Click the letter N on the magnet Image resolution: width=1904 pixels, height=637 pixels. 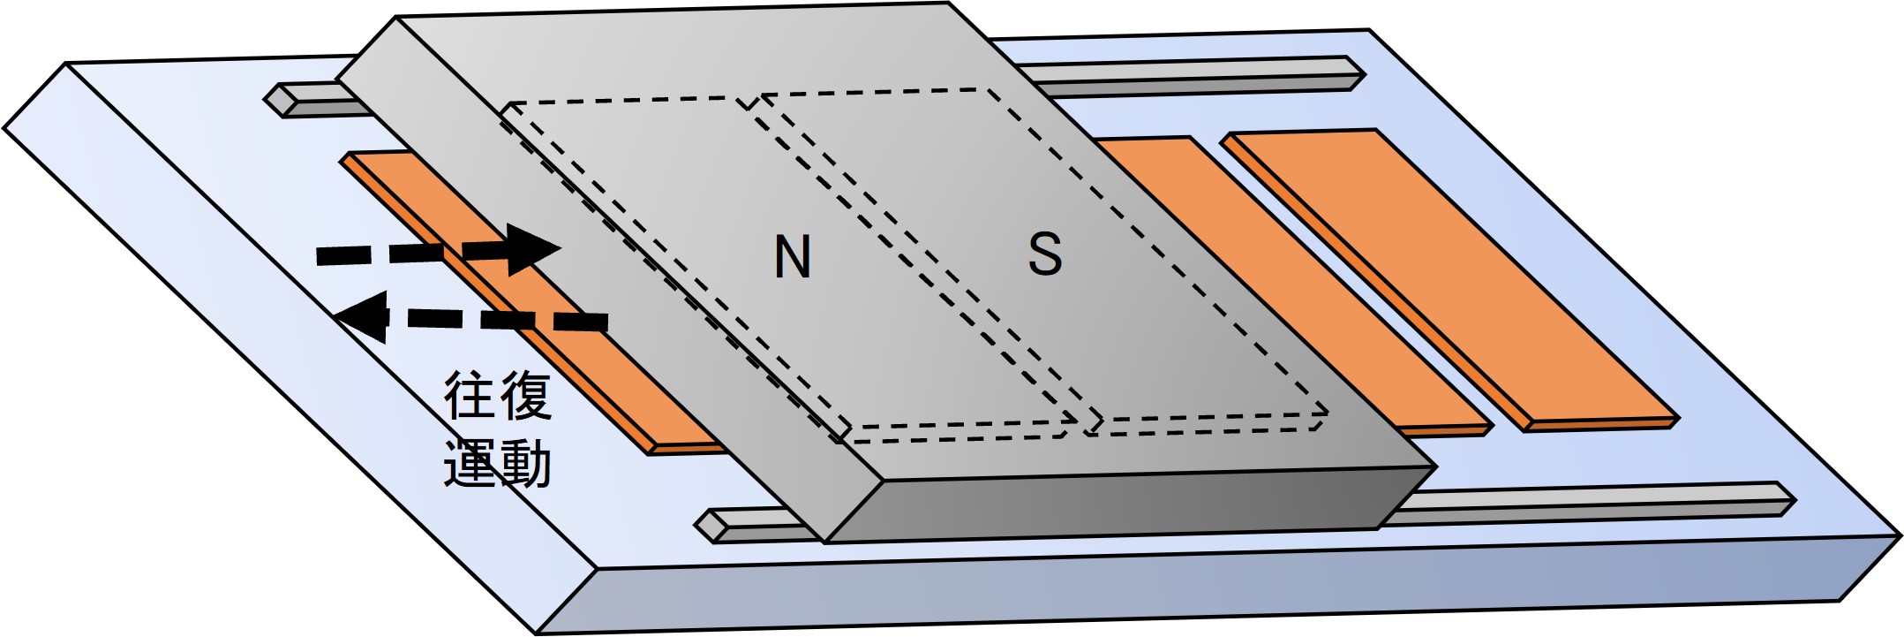[792, 258]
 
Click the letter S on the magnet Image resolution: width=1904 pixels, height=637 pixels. [1045, 254]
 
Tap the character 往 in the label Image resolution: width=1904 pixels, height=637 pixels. [469, 397]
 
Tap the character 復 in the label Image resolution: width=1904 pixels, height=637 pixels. [526, 397]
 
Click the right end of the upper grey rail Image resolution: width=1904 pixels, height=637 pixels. [1355, 72]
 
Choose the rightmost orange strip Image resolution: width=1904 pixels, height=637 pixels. [1448, 274]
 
